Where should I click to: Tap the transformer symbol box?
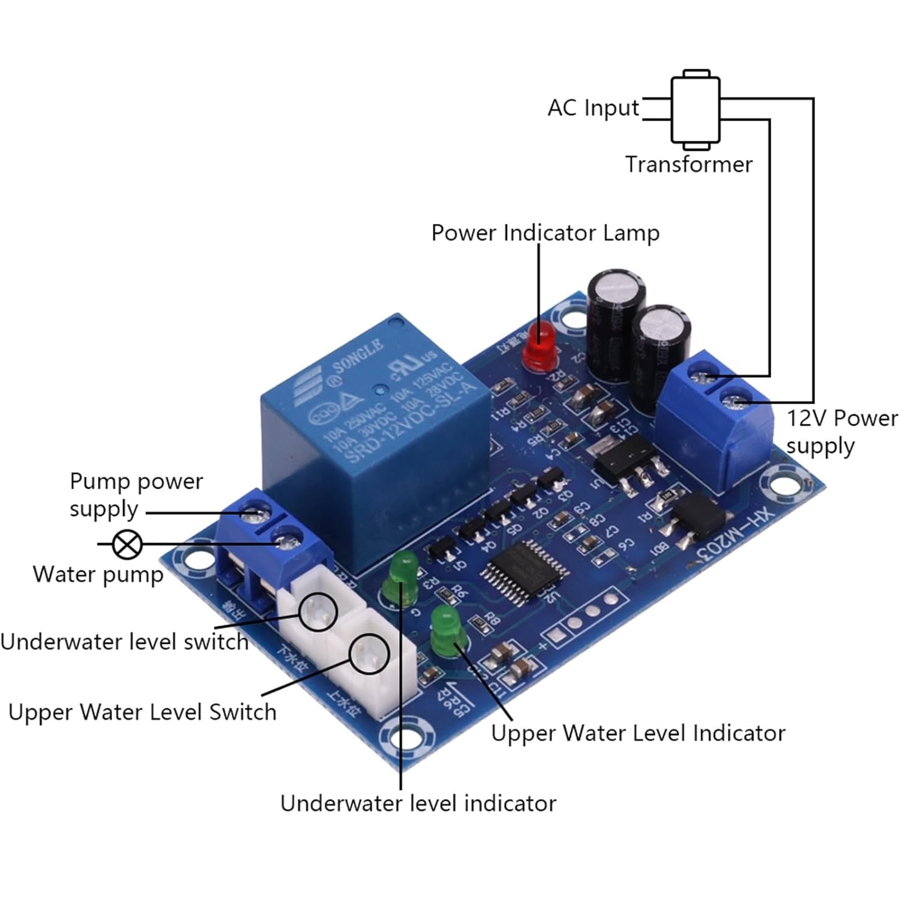point(696,110)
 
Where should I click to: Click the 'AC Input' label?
point(593,108)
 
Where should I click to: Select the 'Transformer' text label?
point(688,164)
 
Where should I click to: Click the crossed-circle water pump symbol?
point(128,544)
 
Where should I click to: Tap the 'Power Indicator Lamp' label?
point(545,233)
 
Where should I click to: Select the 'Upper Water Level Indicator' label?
point(638,733)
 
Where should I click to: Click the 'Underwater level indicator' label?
point(418,803)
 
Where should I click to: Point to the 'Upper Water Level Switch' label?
point(142,712)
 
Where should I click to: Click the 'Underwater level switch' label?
point(125,642)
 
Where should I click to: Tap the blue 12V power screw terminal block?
point(715,420)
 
